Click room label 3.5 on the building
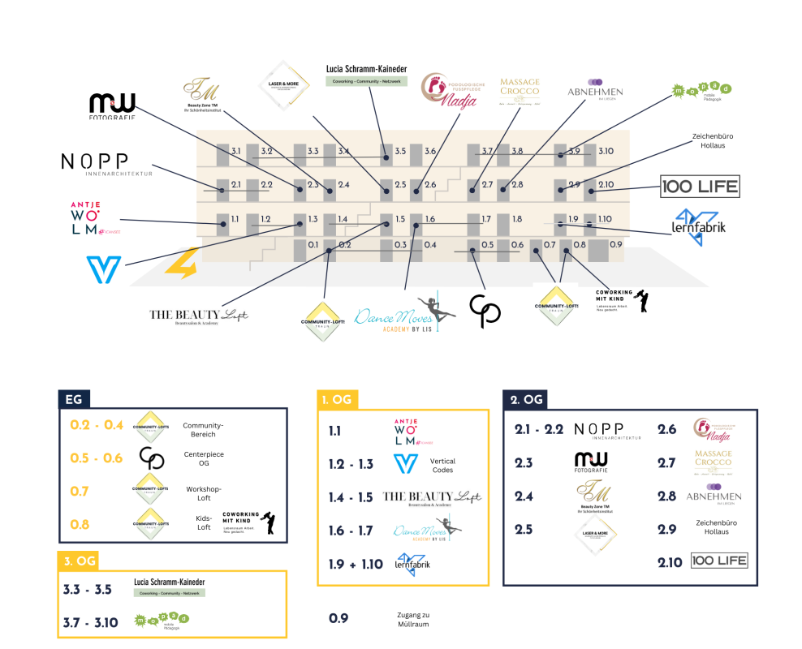coord(400,152)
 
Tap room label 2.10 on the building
coord(606,185)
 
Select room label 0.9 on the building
coord(615,244)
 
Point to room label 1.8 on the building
coord(516,219)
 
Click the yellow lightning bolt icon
coord(181,263)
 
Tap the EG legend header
coord(73,399)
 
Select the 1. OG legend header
coord(336,400)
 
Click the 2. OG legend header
coord(526,399)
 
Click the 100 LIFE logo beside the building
coord(700,187)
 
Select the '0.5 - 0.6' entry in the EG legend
coord(97,458)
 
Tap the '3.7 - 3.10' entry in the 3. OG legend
coord(91,623)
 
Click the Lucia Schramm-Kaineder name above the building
coord(366,70)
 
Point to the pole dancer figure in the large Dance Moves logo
coord(442,308)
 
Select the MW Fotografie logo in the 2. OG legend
coord(591,462)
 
